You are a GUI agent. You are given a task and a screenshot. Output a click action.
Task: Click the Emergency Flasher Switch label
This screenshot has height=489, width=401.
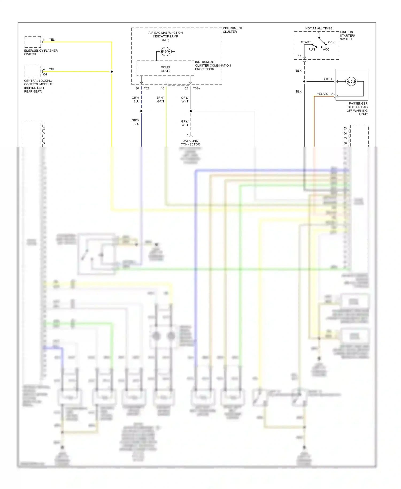click(x=41, y=52)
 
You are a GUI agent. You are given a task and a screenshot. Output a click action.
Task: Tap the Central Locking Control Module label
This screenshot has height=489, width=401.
click(x=38, y=86)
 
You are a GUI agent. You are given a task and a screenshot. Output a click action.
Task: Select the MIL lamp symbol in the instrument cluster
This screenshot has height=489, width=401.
click(x=165, y=51)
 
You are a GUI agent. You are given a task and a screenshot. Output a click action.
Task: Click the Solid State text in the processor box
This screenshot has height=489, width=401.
click(x=165, y=69)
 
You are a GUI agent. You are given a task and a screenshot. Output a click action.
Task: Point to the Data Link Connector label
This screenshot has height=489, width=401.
click(x=190, y=143)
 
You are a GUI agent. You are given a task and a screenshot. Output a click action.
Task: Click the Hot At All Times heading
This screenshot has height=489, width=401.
click(x=319, y=28)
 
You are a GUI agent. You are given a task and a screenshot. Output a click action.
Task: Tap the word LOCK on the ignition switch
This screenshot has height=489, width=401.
click(x=330, y=42)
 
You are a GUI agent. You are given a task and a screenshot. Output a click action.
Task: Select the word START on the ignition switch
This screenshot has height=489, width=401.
click(x=306, y=42)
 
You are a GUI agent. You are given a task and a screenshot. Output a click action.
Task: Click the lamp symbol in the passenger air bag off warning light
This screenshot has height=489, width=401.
click(x=351, y=82)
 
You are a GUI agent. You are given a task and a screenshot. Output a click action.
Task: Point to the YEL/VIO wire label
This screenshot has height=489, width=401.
click(x=322, y=94)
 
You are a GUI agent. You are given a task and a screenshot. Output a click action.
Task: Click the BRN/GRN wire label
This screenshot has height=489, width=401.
click(x=160, y=100)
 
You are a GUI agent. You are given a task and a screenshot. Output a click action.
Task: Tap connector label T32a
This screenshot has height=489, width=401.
click(x=196, y=88)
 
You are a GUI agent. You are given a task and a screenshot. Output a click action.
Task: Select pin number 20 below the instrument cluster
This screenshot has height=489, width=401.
click(x=137, y=88)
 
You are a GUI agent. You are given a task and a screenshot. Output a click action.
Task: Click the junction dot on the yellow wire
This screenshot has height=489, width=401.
click(x=112, y=72)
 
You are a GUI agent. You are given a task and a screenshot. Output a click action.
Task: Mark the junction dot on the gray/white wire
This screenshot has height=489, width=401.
click(x=191, y=111)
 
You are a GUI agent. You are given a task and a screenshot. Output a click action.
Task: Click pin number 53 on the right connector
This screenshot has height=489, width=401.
click(x=345, y=128)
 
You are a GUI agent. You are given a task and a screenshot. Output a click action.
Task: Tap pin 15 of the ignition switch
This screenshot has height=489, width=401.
click(x=300, y=56)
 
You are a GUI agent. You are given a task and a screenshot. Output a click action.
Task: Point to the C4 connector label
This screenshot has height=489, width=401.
click(x=45, y=74)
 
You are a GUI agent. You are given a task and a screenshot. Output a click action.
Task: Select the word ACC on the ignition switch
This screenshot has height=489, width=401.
click(x=326, y=49)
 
